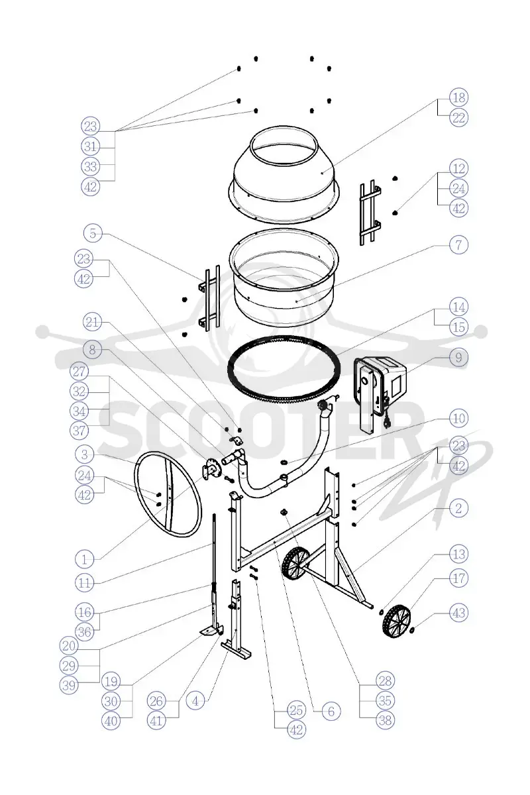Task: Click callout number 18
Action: (458, 97)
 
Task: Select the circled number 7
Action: (458, 244)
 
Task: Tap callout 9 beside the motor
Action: (458, 357)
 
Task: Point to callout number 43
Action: (458, 613)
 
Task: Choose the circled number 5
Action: (93, 233)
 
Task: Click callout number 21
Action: (92, 322)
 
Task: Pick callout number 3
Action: (85, 454)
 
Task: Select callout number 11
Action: (85, 583)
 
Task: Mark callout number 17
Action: (458, 578)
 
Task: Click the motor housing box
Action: (380, 394)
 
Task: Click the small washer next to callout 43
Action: (412, 630)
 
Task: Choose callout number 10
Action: (458, 418)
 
